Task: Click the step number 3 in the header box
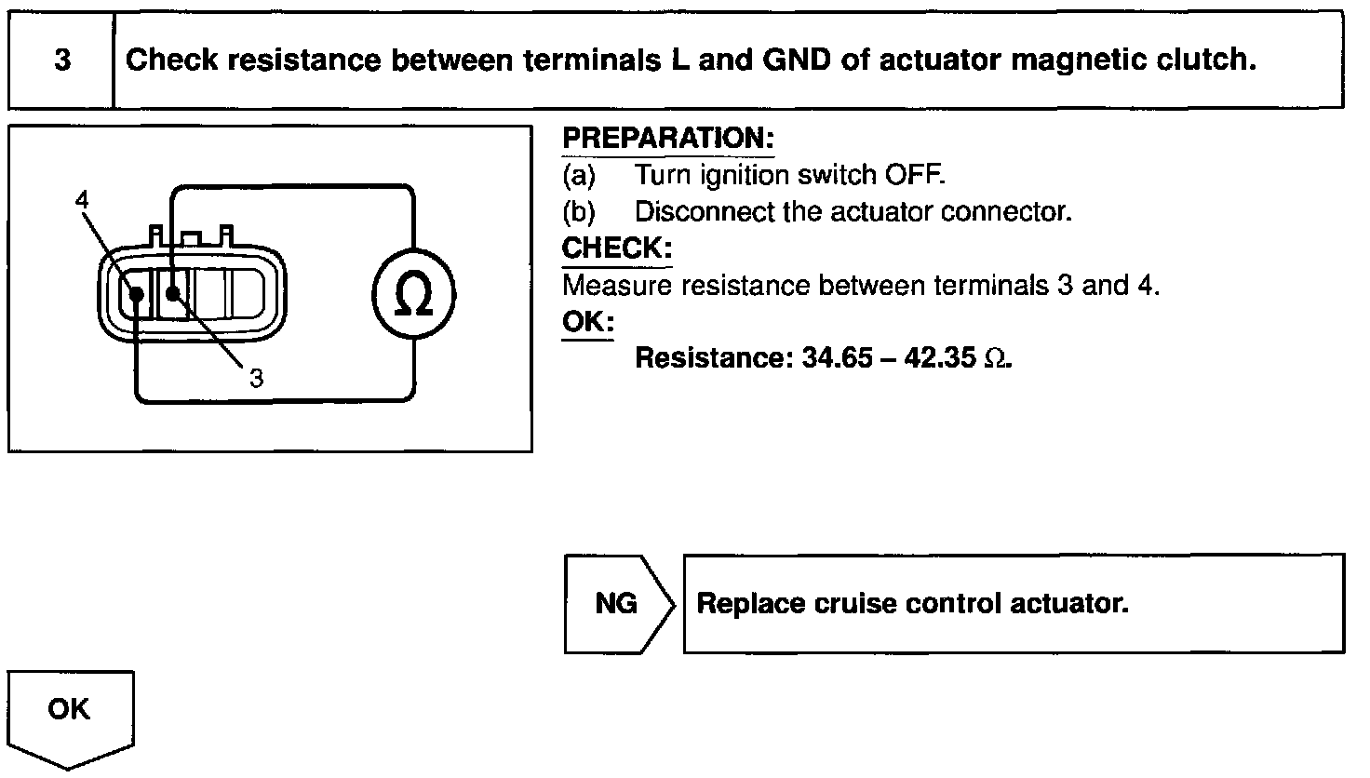tap(61, 60)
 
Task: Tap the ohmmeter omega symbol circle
tap(413, 297)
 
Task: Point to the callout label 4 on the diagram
tap(82, 199)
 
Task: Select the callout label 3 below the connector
tap(256, 377)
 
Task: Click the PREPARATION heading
tap(668, 139)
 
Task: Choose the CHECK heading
tap(616, 248)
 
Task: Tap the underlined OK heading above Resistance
tap(588, 322)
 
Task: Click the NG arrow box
tap(616, 604)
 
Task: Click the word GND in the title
tap(796, 60)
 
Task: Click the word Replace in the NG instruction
tap(749, 604)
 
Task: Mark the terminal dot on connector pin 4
tap(136, 294)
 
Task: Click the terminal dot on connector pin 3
tap(172, 294)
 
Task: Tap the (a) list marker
tap(578, 175)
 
